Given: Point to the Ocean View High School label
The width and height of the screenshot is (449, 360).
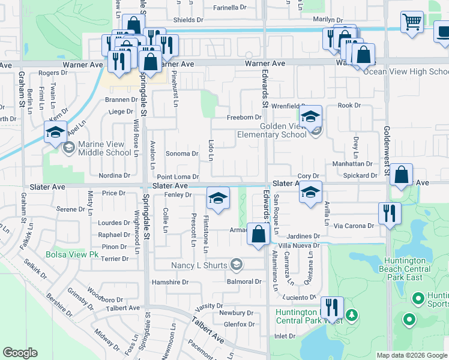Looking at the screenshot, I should [406, 71].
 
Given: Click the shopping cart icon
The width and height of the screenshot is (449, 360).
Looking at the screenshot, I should [412, 22].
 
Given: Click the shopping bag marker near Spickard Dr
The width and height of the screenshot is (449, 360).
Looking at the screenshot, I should [402, 175].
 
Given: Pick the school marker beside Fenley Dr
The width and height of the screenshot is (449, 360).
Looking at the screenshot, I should [218, 198].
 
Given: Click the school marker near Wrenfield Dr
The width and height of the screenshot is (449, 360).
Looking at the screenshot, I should [310, 116].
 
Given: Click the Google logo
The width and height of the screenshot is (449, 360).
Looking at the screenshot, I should [20, 353].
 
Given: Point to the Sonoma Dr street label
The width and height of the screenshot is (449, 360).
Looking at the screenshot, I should [182, 154].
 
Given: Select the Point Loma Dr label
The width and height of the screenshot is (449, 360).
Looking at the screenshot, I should [178, 177].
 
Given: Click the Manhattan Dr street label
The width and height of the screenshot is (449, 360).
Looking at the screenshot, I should [352, 164].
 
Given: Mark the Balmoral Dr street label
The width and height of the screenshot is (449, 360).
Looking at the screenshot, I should [244, 281].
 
